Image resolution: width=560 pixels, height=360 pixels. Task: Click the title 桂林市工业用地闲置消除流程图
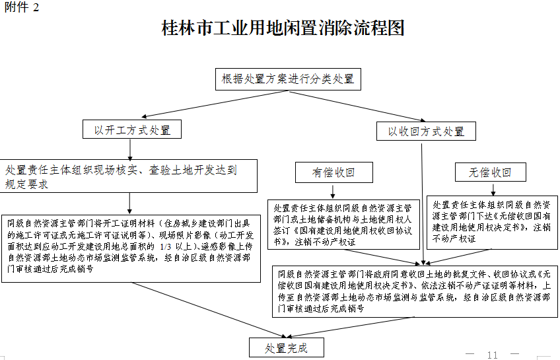click(x=283, y=28)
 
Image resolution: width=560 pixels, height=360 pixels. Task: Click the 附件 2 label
click(x=22, y=7)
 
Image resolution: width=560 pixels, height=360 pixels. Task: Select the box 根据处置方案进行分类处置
click(x=288, y=79)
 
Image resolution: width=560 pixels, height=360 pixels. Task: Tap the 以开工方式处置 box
click(x=133, y=129)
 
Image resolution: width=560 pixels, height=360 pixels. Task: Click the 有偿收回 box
click(x=333, y=173)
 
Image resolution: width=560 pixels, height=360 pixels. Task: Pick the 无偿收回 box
click(x=490, y=172)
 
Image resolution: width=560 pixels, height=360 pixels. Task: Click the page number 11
click(x=492, y=355)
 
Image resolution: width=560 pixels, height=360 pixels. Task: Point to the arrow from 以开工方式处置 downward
click(x=130, y=149)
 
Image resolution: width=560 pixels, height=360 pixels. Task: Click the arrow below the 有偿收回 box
click(x=333, y=191)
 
